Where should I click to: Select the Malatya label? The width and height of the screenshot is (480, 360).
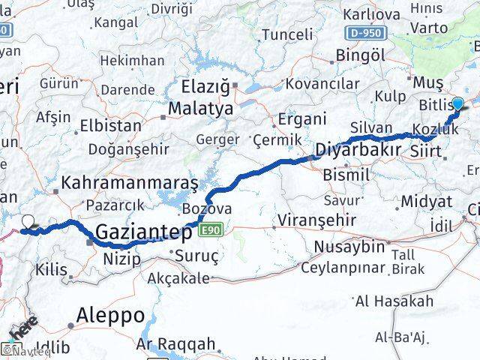pyautogui.click(x=199, y=109)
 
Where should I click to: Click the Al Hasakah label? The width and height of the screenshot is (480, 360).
pyautogui.click(x=394, y=301)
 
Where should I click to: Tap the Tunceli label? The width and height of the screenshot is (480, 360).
pyautogui.click(x=286, y=34)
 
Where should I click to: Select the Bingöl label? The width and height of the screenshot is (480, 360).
pyautogui.click(x=361, y=55)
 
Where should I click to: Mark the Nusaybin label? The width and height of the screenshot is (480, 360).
pyautogui.click(x=347, y=247)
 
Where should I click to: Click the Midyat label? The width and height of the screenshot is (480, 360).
pyautogui.click(x=426, y=202)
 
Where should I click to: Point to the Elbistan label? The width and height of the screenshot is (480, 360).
pyautogui.click(x=110, y=125)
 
